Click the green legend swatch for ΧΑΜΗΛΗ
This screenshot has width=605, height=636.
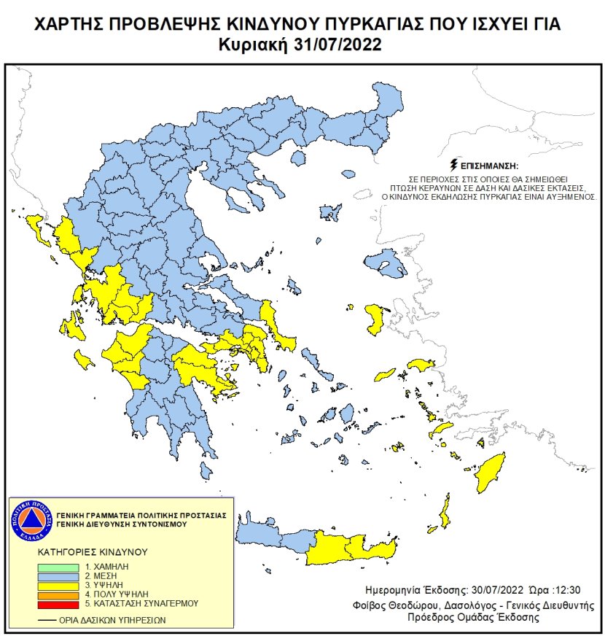point(60,566)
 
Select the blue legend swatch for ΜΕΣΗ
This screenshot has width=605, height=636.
point(60,575)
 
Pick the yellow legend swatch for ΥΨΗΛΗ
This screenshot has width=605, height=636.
point(60,585)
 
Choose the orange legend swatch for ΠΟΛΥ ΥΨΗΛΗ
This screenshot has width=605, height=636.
point(60,594)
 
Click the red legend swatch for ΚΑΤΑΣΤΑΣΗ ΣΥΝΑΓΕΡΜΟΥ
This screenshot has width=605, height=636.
point(60,604)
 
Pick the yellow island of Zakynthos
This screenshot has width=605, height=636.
point(83,359)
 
